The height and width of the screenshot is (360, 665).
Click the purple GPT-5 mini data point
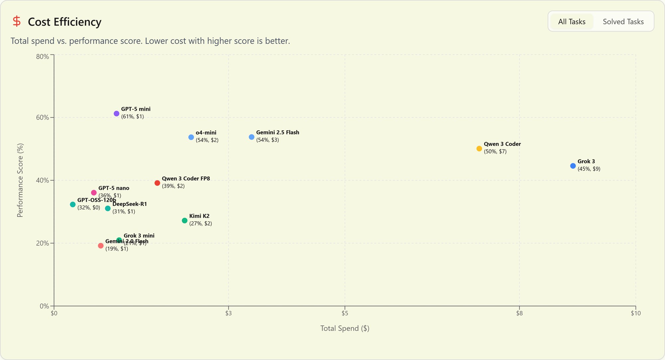(x=116, y=114)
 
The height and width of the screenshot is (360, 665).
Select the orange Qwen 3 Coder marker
(x=479, y=149)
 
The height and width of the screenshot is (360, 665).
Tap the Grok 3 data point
(x=573, y=166)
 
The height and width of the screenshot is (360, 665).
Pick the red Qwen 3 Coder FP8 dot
(x=157, y=183)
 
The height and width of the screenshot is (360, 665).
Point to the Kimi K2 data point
(x=185, y=221)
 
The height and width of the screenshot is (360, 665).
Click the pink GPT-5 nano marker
(x=94, y=193)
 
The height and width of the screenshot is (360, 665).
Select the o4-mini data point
(x=191, y=137)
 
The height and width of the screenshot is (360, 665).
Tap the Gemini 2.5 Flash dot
(x=252, y=137)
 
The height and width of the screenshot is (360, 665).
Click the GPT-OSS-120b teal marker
(x=73, y=204)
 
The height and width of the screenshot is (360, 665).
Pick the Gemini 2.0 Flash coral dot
(x=101, y=246)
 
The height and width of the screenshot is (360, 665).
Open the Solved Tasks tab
(x=623, y=22)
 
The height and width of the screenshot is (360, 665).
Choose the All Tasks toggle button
(x=572, y=22)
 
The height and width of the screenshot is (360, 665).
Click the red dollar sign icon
(x=17, y=22)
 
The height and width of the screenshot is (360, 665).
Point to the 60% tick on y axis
(x=43, y=118)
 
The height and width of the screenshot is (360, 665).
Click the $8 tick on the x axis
(x=519, y=313)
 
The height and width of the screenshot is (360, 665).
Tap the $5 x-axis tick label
(x=345, y=313)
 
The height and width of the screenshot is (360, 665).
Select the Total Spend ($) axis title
(x=345, y=328)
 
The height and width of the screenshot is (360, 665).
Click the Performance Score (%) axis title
(x=20, y=180)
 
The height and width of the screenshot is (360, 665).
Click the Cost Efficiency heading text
(x=65, y=22)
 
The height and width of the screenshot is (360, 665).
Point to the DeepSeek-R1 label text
(x=130, y=204)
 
